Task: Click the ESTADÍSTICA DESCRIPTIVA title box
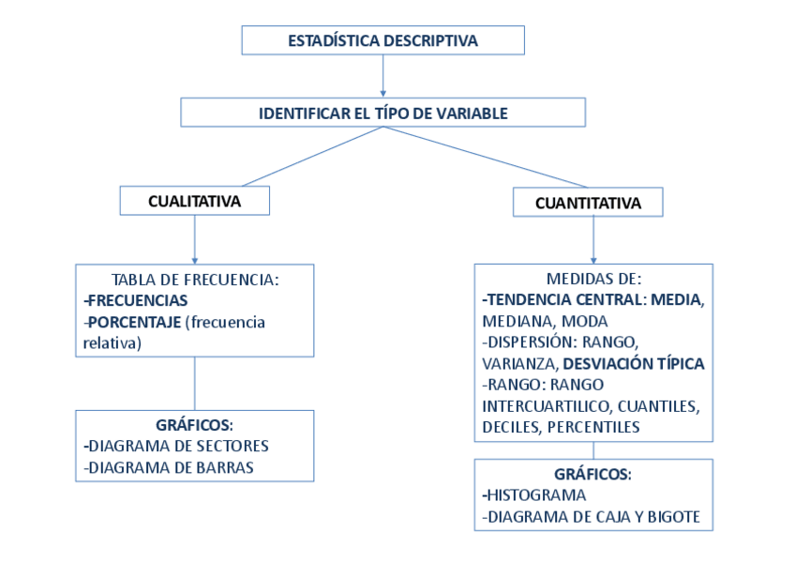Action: point(382,40)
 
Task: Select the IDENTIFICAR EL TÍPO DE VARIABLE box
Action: point(382,114)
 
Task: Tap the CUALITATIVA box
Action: point(194,201)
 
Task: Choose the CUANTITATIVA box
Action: point(588,203)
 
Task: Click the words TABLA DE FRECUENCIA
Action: point(195,280)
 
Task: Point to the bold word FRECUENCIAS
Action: point(137,300)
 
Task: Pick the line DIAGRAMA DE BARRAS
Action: point(170,467)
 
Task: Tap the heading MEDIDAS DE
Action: point(592,279)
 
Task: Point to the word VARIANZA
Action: point(519,363)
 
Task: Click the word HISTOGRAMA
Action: point(536,495)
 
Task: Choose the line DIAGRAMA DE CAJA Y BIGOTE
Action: point(591,517)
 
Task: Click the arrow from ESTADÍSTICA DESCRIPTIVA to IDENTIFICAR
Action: point(382,76)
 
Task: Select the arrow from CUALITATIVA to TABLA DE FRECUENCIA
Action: point(194,238)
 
